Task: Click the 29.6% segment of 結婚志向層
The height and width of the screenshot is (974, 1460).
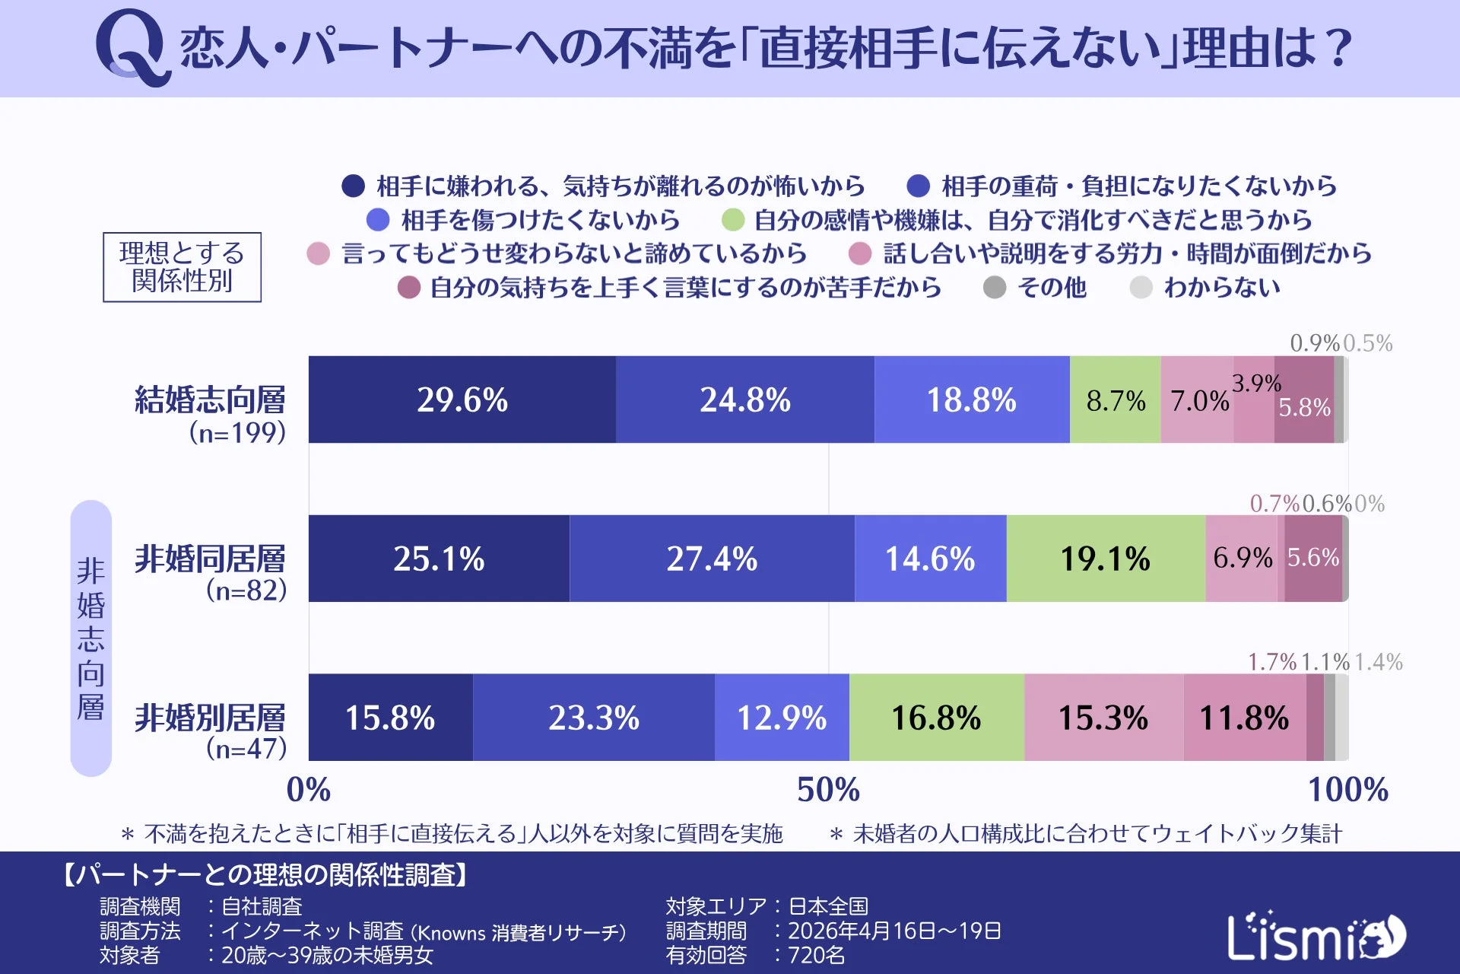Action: (462, 399)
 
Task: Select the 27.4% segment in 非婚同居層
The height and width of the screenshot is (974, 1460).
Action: (712, 559)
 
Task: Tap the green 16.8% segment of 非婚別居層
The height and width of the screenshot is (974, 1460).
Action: (936, 718)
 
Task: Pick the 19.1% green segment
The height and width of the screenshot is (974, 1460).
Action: (1105, 559)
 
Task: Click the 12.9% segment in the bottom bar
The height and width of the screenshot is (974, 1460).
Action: (782, 718)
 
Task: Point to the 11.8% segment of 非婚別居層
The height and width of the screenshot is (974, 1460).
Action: (1244, 718)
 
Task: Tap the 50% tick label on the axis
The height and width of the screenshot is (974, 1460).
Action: (828, 790)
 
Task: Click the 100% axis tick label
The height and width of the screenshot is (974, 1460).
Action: (1347, 790)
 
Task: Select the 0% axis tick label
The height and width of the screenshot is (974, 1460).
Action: (309, 790)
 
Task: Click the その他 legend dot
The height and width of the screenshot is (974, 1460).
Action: (995, 288)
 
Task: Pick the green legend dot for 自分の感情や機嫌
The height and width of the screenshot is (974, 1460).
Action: (732, 221)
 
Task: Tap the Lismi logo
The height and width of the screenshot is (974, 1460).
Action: (1316, 936)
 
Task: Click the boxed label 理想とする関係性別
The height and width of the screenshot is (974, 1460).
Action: (182, 267)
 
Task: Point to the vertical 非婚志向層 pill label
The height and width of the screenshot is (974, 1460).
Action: (91, 638)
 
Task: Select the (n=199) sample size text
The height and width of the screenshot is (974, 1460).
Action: (237, 432)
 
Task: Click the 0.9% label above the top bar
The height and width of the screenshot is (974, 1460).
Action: (1314, 343)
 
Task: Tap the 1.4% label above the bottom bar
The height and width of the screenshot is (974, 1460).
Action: (1378, 662)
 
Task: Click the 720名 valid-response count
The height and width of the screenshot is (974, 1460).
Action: (816, 955)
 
